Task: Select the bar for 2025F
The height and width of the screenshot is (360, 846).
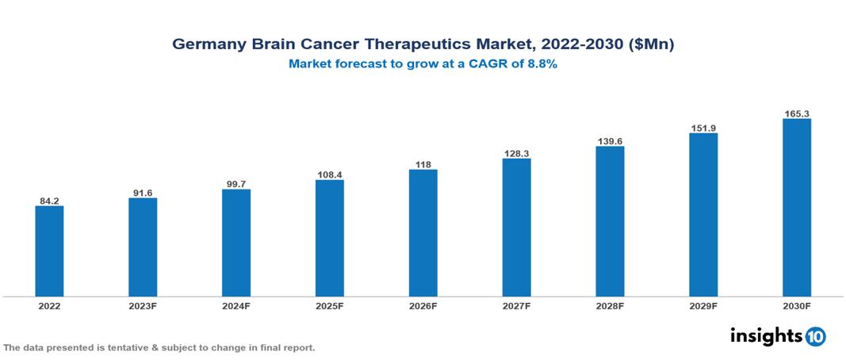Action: point(329,238)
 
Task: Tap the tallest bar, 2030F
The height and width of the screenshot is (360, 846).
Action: point(796,208)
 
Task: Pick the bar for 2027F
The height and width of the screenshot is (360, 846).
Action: point(516,228)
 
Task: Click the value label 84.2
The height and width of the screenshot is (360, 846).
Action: point(49,201)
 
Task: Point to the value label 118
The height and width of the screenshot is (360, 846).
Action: point(423,164)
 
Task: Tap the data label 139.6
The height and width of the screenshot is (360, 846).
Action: point(610,141)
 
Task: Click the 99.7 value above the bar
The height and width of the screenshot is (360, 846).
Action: point(236,184)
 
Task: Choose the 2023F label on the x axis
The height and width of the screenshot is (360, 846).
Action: point(143,305)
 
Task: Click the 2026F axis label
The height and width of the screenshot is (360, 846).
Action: point(423,305)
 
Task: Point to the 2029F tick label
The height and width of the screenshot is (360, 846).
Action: point(703,305)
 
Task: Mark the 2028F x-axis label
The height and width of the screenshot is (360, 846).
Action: point(610,305)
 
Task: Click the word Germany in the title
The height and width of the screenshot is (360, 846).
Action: point(206,45)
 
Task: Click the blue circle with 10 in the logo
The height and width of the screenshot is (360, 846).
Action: point(815,336)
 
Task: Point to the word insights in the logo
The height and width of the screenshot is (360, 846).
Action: point(766,335)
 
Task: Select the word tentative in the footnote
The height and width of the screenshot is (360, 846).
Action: point(127,347)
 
